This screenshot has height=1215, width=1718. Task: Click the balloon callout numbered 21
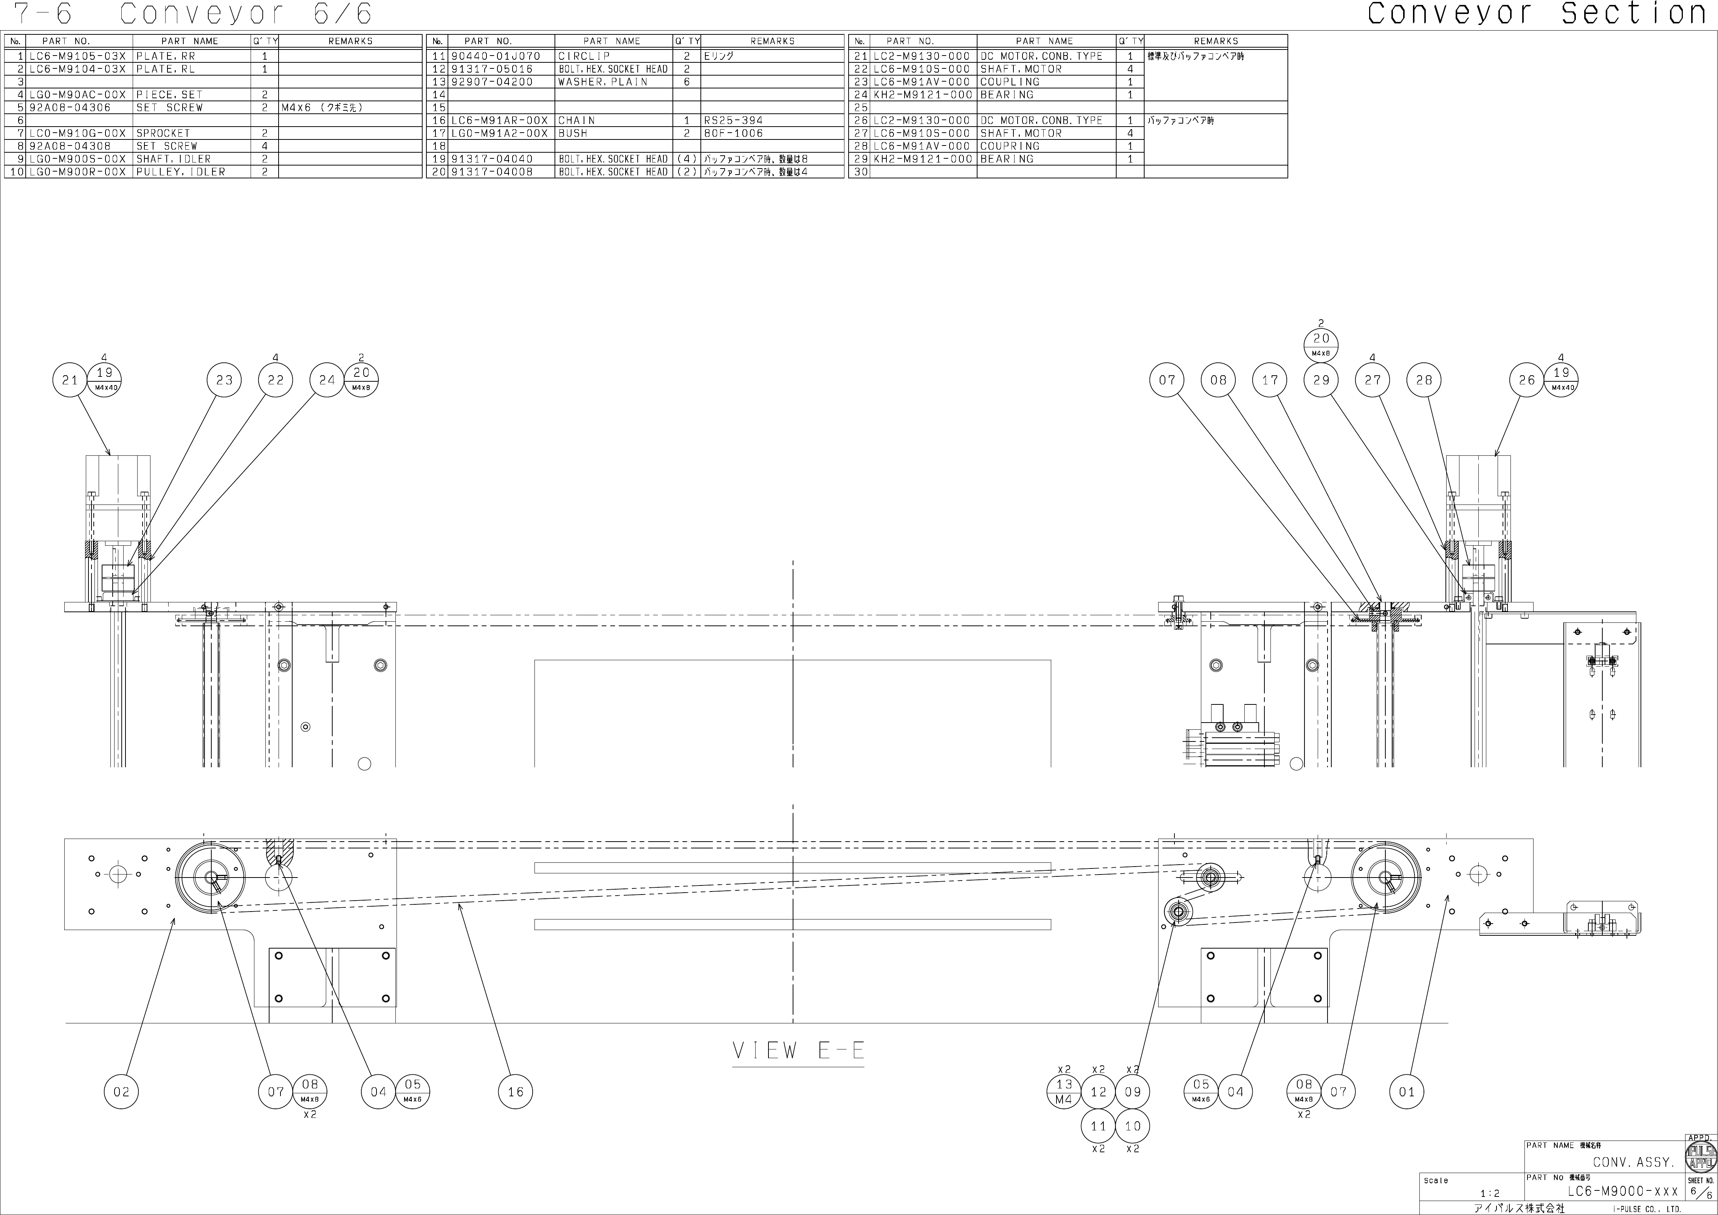70,380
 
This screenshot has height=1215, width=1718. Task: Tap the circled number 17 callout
1270,380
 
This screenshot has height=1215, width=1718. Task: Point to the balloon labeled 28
1424,380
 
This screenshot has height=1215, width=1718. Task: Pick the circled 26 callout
1526,380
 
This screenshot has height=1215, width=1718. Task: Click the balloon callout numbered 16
516,1091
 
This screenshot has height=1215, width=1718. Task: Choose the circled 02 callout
121,1091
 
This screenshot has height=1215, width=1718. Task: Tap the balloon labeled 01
1407,1091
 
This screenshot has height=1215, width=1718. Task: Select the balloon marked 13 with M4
1064,1091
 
